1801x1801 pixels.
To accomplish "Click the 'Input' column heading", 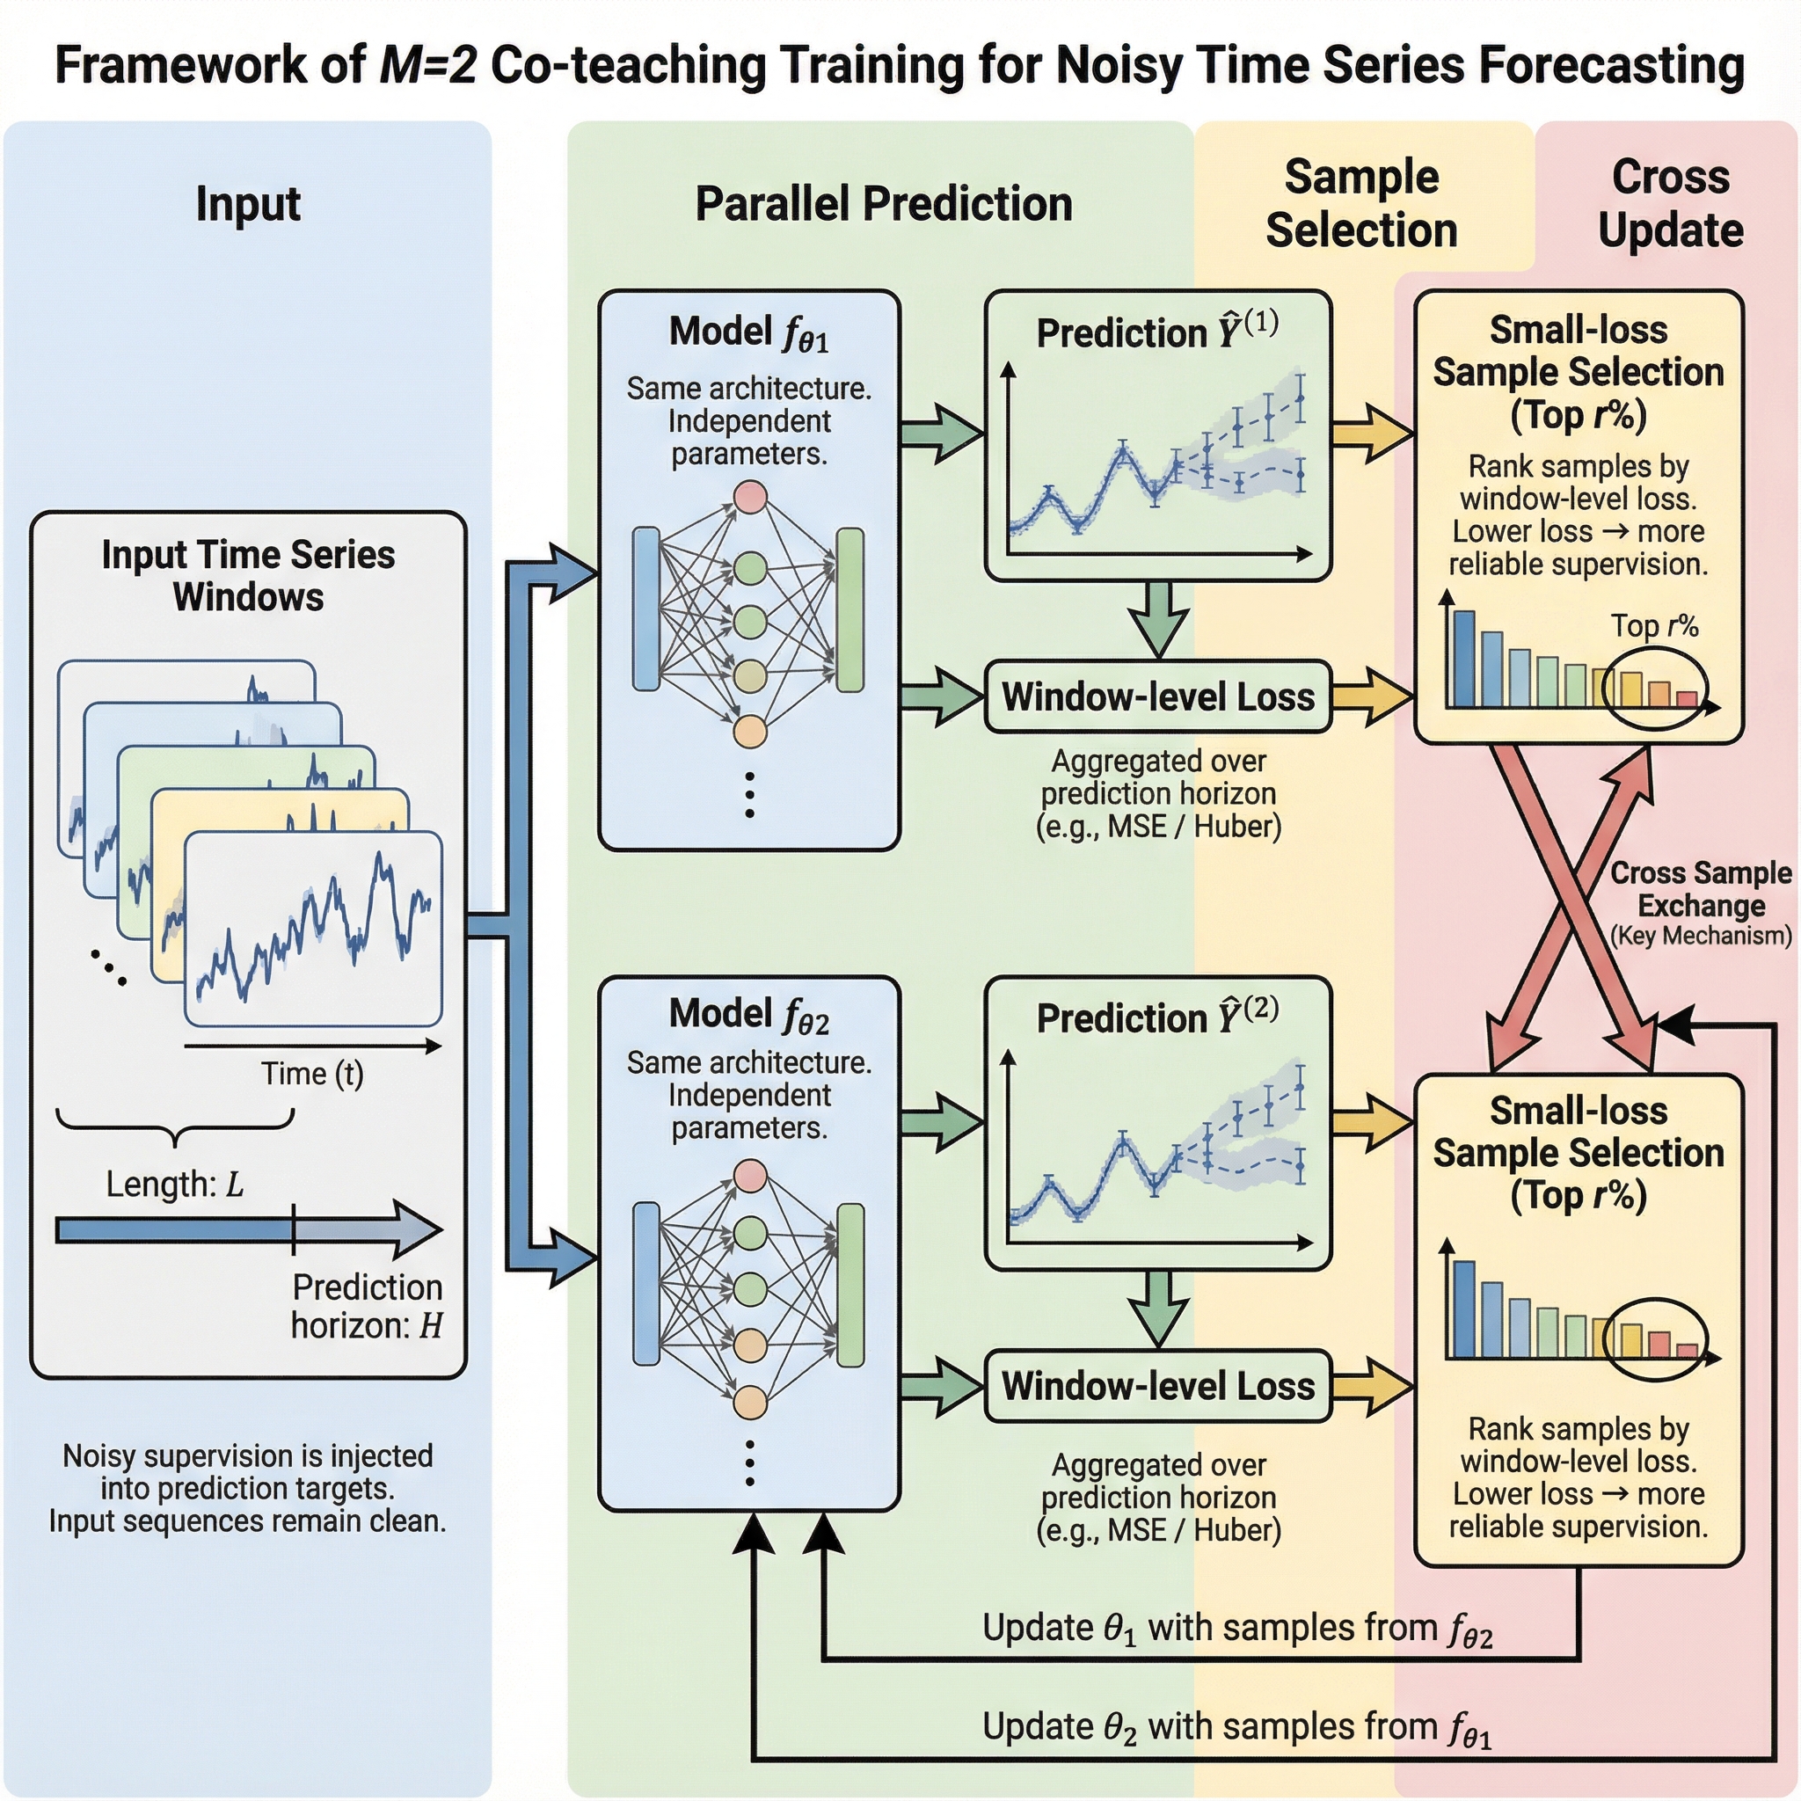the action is tap(248, 204).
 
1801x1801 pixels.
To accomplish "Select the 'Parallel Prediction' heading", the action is tap(884, 204).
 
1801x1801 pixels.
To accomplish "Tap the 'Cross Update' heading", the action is tap(1671, 203).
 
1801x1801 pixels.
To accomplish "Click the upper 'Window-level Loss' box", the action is tap(1158, 696).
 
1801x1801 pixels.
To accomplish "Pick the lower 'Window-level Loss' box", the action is tap(1158, 1385).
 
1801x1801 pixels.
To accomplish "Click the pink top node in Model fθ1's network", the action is tap(750, 497).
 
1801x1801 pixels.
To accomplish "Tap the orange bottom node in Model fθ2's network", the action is tap(750, 1402).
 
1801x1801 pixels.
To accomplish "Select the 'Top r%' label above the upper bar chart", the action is tap(1654, 625).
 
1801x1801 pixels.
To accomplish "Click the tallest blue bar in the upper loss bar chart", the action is tap(1464, 659).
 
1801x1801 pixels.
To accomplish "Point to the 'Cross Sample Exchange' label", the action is tap(1702, 888).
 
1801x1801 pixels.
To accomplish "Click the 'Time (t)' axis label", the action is tap(312, 1074).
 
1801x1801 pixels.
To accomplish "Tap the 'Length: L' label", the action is tap(174, 1184).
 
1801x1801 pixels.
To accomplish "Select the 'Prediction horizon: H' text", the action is tap(367, 1306).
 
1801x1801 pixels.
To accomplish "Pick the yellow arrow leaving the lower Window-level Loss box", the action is tap(1372, 1385).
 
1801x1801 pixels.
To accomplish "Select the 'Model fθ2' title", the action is tap(749, 1015).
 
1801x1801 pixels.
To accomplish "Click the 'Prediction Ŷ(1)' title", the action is tap(1157, 332).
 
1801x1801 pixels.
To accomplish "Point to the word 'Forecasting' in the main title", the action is tap(1610, 65).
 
